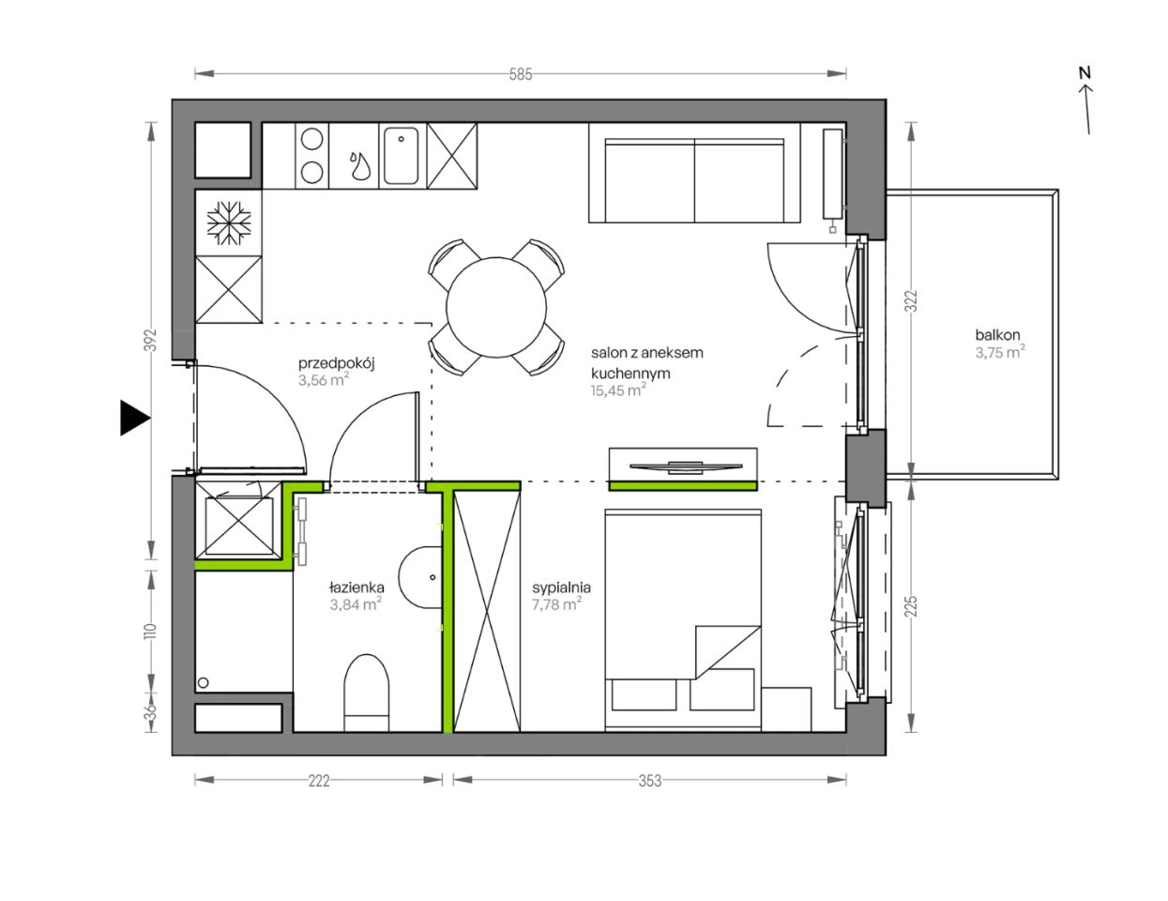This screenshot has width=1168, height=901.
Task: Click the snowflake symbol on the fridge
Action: [229, 222]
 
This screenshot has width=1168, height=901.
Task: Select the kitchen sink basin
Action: [401, 156]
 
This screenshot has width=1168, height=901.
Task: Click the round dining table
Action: [496, 308]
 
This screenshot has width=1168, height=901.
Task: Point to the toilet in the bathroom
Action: [366, 693]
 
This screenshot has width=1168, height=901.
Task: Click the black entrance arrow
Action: [135, 418]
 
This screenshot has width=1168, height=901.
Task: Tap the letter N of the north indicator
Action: [1085, 72]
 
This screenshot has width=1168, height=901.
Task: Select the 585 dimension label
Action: [521, 74]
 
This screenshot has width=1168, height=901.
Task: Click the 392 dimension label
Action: [152, 340]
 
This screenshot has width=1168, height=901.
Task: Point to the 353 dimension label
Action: [649, 781]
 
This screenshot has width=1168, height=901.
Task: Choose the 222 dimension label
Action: [319, 781]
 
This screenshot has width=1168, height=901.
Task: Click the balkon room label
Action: [997, 335]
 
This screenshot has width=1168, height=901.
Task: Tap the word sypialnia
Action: [562, 588]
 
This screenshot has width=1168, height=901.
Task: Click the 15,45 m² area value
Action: [618, 390]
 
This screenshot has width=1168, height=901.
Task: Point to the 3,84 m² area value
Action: [356, 604]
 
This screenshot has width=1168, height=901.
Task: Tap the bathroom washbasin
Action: [420, 577]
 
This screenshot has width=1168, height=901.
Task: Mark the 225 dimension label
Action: [911, 606]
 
